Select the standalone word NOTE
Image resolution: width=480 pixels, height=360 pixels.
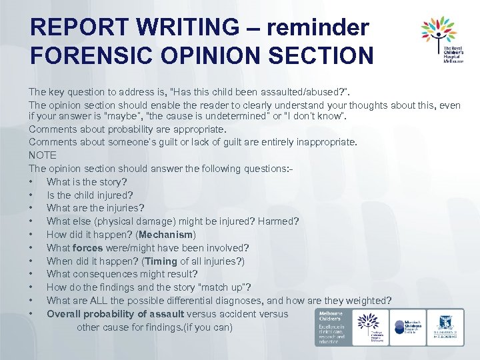coord(43,155)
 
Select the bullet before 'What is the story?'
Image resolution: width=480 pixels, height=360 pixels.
coord(31,182)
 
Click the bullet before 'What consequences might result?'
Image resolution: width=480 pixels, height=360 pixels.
coord(31,274)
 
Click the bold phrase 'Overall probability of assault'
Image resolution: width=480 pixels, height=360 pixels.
coord(115,314)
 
